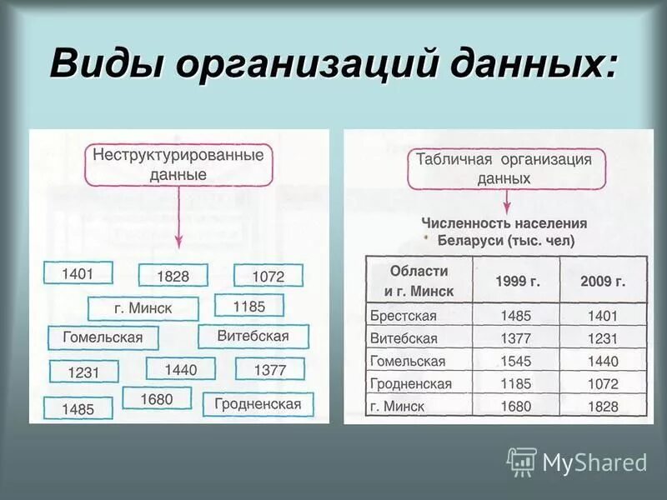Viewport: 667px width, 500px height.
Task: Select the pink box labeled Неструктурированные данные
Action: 178,165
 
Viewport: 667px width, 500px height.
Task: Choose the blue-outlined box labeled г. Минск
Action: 143,308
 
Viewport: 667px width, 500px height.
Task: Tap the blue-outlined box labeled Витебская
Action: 253,337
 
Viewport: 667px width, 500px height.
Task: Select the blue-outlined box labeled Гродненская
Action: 258,404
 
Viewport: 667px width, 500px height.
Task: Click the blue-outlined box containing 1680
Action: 157,399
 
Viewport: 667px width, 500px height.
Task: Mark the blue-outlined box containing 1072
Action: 268,276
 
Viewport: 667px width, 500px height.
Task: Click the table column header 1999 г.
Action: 517,281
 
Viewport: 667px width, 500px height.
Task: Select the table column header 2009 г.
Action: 603,281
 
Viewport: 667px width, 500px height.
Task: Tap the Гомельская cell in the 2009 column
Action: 603,362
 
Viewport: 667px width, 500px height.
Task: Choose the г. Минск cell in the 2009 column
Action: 603,407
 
